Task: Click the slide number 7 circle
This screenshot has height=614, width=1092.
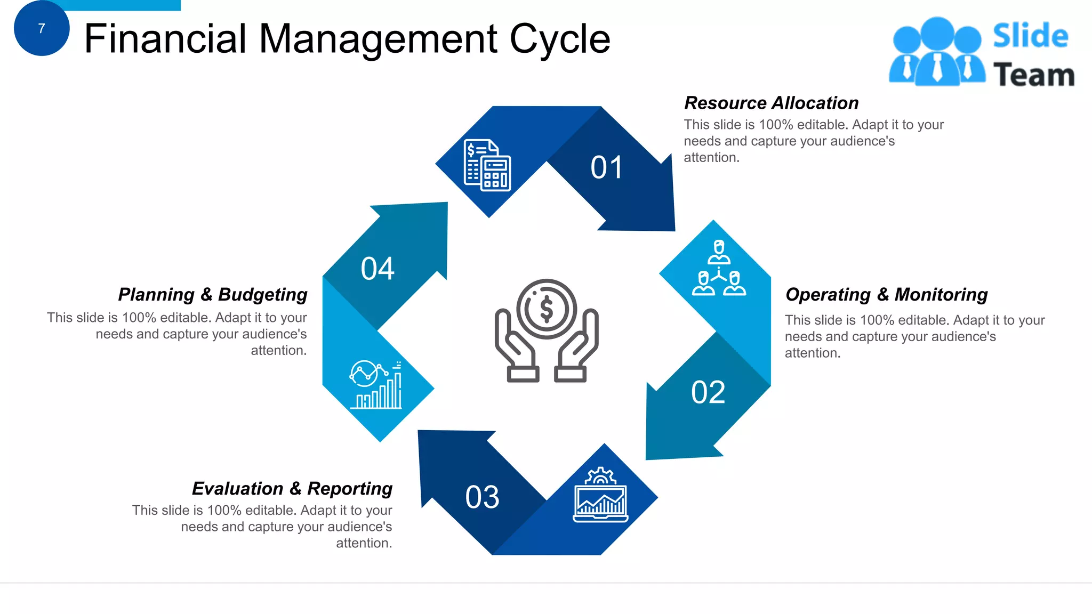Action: tap(42, 28)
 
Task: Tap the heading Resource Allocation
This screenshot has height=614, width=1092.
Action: tap(771, 103)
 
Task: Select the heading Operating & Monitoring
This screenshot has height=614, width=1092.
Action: tap(886, 294)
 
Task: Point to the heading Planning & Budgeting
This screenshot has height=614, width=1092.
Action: tap(213, 294)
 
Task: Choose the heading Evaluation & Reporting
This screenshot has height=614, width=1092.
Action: tap(292, 488)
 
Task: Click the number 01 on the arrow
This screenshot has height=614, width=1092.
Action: tap(607, 168)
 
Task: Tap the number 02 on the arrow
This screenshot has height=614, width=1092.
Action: tap(708, 393)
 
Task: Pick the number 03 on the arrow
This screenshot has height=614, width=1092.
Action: tap(482, 497)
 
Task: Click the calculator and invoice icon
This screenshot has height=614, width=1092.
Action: tap(487, 165)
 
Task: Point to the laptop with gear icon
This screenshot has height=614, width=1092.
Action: tap(600, 495)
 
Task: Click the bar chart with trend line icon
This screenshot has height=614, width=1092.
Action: tap(376, 385)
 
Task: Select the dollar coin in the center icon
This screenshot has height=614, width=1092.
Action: tap(547, 309)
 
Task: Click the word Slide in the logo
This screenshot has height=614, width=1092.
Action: tap(1030, 36)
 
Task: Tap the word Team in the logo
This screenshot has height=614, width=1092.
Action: tap(1033, 75)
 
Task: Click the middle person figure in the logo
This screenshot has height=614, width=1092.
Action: tap(937, 51)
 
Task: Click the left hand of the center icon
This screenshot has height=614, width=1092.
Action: tap(515, 346)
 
